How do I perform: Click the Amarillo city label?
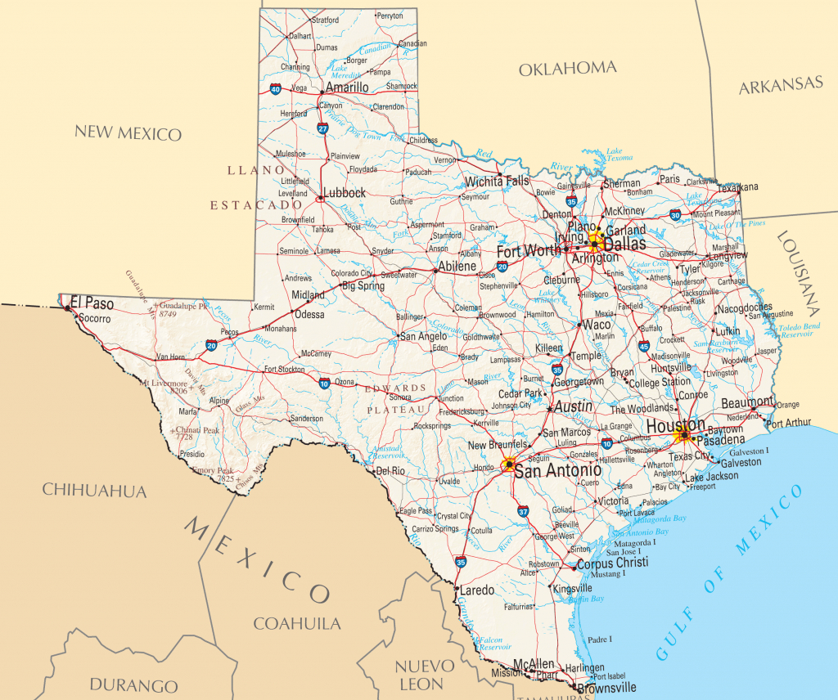pos(347,87)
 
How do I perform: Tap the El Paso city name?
pos(92,303)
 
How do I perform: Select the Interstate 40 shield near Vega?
pos(276,89)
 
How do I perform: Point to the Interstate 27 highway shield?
pos(323,128)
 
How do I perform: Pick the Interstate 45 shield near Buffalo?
pos(644,348)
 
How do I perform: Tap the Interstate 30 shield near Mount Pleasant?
pos(675,214)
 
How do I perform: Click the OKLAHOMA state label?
pos(567,69)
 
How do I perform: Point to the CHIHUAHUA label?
pos(94,491)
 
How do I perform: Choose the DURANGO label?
pos(134,685)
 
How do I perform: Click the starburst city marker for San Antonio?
pos(509,464)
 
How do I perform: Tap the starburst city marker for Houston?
pos(683,435)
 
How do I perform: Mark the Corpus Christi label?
pos(612,563)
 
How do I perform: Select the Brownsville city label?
pos(606,689)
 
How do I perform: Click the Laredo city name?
pos(477,590)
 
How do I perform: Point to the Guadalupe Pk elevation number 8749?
pos(169,313)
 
